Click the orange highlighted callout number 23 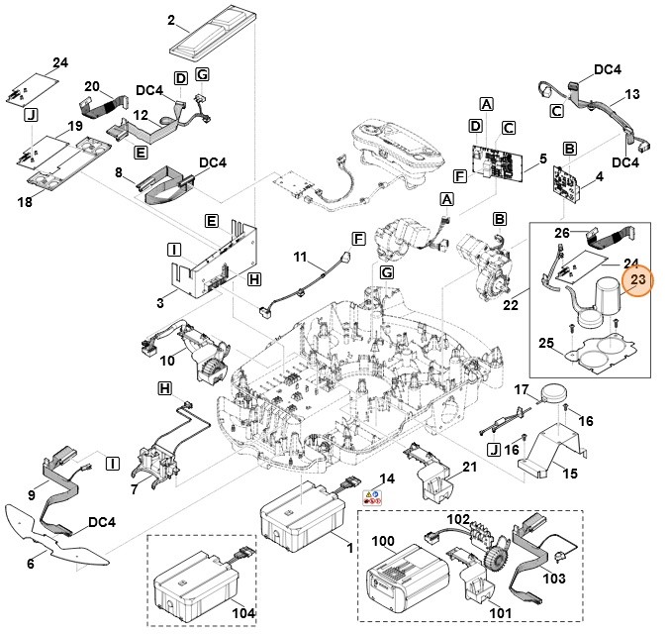click(637, 281)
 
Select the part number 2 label click(171, 20)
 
